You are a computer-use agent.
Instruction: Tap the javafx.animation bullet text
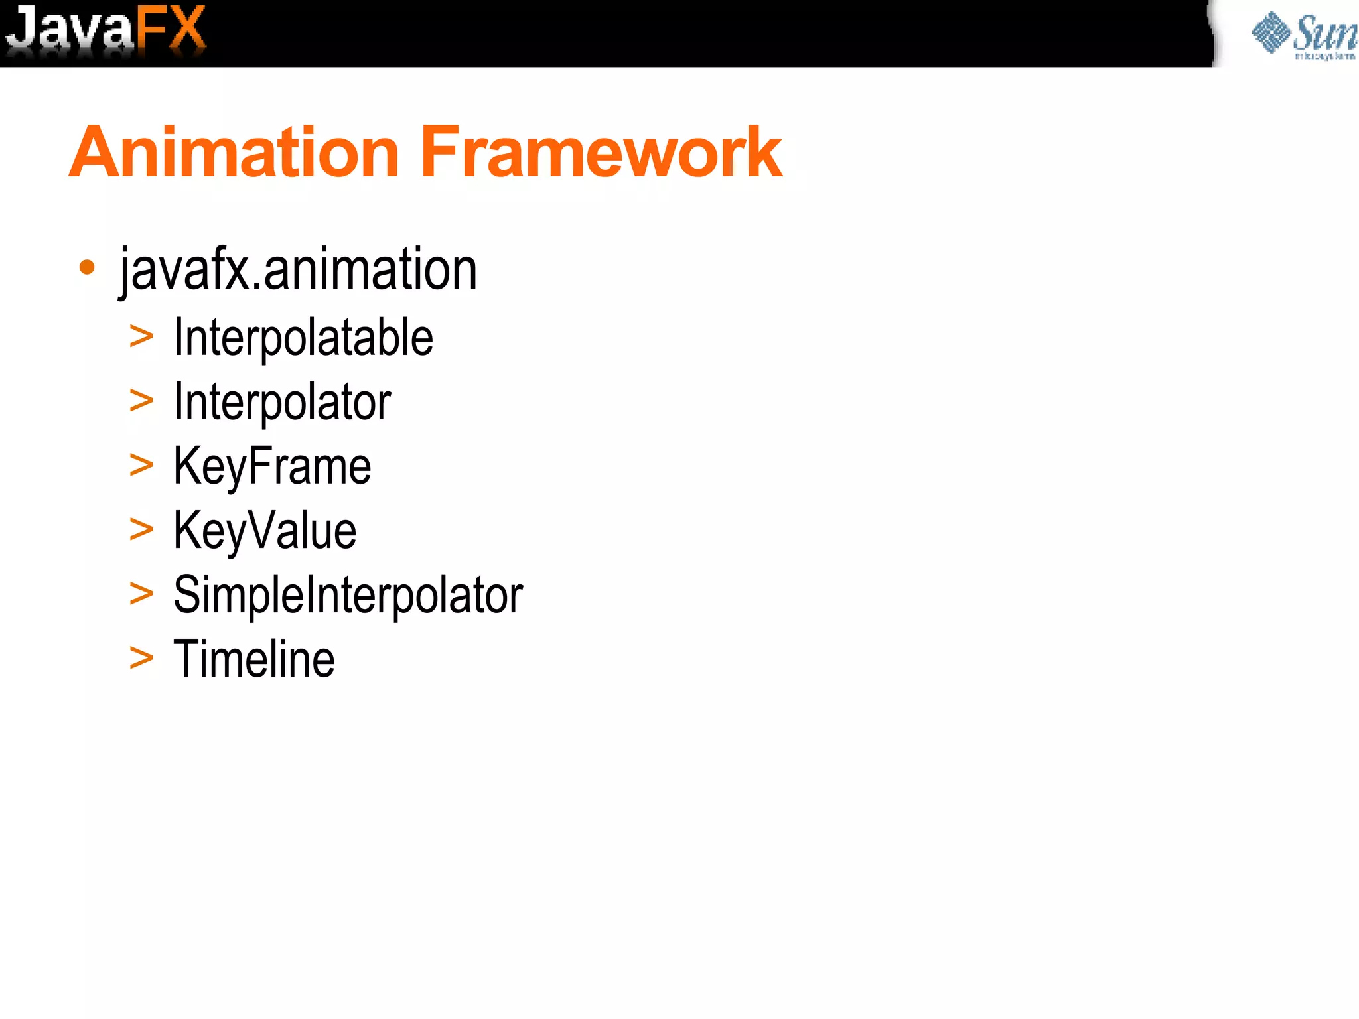pyautogui.click(x=298, y=269)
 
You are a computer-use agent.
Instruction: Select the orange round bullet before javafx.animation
pyautogui.click(x=86, y=267)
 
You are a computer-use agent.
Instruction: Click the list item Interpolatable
pyautogui.click(x=303, y=338)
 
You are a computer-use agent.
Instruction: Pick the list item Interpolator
pyautogui.click(x=282, y=402)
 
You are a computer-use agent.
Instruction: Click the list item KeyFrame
pyautogui.click(x=272, y=466)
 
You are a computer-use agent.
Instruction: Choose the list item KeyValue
pyautogui.click(x=265, y=531)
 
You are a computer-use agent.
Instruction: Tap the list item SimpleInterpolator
pyautogui.click(x=348, y=595)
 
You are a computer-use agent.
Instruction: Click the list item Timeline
pyautogui.click(x=253, y=659)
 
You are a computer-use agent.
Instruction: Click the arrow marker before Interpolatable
pyautogui.click(x=141, y=337)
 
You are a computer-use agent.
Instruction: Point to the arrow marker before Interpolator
pyautogui.click(x=141, y=401)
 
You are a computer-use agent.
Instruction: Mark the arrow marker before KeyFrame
pyautogui.click(x=141, y=465)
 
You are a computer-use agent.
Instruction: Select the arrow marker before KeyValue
pyautogui.click(x=141, y=529)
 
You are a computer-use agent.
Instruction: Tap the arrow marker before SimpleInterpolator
pyautogui.click(x=141, y=594)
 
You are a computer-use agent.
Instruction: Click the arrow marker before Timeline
pyautogui.click(x=141, y=658)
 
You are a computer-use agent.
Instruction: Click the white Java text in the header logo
pyautogui.click(x=70, y=30)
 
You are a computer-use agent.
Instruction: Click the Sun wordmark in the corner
pyautogui.click(x=1324, y=33)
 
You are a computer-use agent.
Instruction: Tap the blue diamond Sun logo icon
pyautogui.click(x=1271, y=32)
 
